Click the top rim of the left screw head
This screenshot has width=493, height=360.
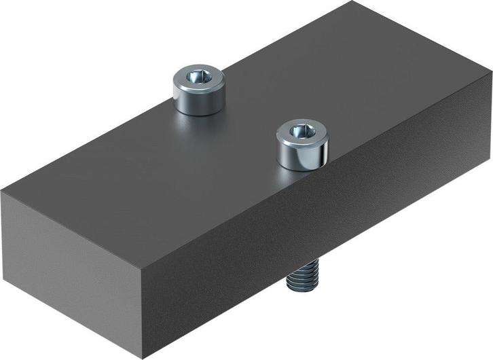pos(198,69)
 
